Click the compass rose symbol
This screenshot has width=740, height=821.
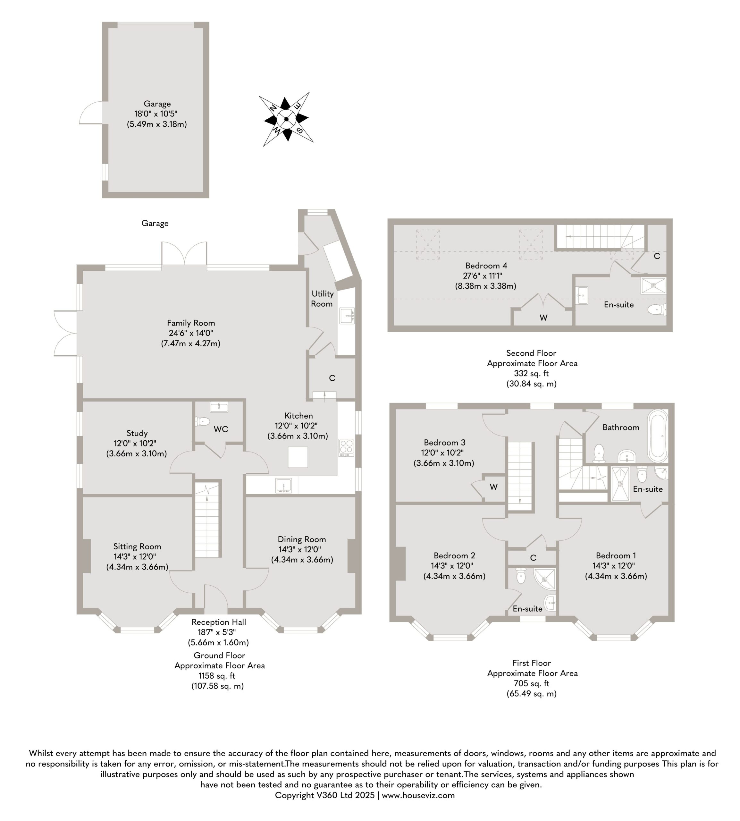[286, 119]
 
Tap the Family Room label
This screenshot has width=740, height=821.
[191, 323]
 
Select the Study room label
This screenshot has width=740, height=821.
[137, 433]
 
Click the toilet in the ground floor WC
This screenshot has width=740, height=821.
[202, 421]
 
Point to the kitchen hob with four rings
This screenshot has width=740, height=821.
[346, 447]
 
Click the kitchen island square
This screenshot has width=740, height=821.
[298, 457]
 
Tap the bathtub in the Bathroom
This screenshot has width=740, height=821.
[658, 436]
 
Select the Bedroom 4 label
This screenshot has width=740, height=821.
[486, 266]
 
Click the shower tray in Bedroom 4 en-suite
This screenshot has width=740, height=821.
[653, 285]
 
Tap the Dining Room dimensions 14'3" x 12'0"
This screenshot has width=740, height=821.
[302, 549]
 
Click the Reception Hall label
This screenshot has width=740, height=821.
[219, 622]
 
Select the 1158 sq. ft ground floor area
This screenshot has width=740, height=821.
[217, 676]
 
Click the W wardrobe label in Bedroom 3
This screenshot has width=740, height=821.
[494, 487]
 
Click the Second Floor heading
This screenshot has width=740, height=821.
[531, 353]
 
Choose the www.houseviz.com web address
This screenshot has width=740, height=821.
[418, 795]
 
